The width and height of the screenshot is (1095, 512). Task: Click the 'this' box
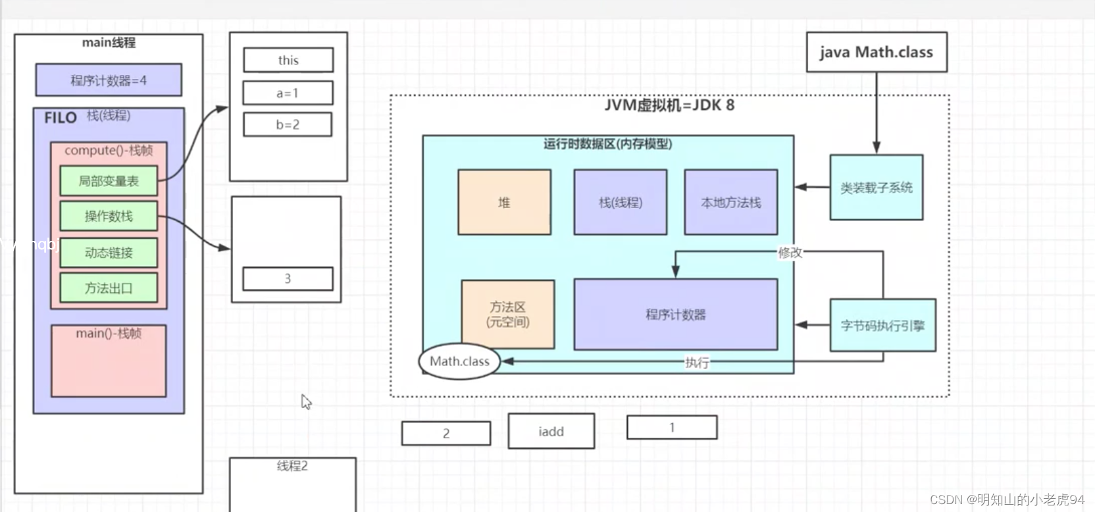tap(288, 60)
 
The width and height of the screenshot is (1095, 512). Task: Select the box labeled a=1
tap(288, 93)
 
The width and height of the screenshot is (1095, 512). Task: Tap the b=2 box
tap(288, 124)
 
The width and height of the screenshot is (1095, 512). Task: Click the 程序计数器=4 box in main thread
tap(109, 80)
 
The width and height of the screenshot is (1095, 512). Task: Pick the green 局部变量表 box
tap(109, 181)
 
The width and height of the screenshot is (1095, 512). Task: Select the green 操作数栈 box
tap(109, 216)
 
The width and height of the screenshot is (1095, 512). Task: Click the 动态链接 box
tap(109, 253)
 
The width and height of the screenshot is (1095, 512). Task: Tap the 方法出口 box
tap(109, 288)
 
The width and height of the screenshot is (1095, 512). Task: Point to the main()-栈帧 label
tap(109, 334)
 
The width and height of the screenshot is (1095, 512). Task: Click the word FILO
tap(61, 118)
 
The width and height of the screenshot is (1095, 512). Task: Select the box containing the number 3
tap(288, 278)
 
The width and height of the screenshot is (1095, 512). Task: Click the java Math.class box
tap(877, 52)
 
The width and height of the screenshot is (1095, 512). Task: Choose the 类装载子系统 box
tap(876, 188)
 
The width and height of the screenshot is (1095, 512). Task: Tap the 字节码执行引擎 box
tap(882, 325)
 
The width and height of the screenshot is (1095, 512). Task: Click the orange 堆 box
tap(504, 202)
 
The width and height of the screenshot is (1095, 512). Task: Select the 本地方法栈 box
tap(730, 202)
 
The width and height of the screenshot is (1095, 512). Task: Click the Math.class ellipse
tap(459, 361)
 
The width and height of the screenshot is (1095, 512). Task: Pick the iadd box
tap(551, 432)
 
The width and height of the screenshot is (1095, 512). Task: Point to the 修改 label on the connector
tap(790, 252)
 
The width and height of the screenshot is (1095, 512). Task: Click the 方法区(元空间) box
tap(507, 315)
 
